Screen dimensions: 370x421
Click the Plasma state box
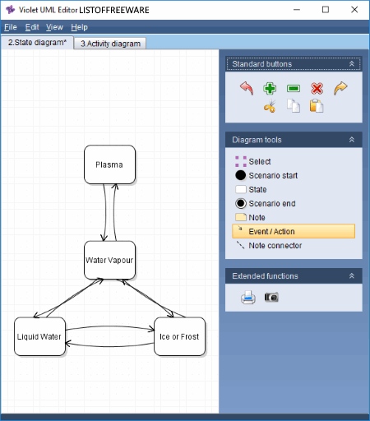[109, 164]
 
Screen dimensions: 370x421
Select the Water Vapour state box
[109, 260]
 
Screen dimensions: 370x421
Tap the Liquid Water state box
[39, 336]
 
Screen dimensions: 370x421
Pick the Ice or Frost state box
[179, 336]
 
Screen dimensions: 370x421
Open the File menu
[11, 27]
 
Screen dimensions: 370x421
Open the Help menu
[80, 27]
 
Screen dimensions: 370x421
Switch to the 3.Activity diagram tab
[110, 44]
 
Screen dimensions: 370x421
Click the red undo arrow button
[247, 88]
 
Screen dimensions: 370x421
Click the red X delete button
[317, 89]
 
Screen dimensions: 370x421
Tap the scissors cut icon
[270, 106]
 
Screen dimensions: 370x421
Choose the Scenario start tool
[266, 175]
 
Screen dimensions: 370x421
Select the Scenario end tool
[266, 203]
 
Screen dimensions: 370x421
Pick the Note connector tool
[269, 245]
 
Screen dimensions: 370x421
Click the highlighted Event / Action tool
[294, 231]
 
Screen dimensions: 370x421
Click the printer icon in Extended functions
[248, 298]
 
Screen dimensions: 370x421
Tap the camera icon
[271, 298]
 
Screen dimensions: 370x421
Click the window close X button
[354, 10]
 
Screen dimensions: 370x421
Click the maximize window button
[326, 10]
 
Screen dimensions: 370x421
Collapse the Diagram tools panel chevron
[352, 140]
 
